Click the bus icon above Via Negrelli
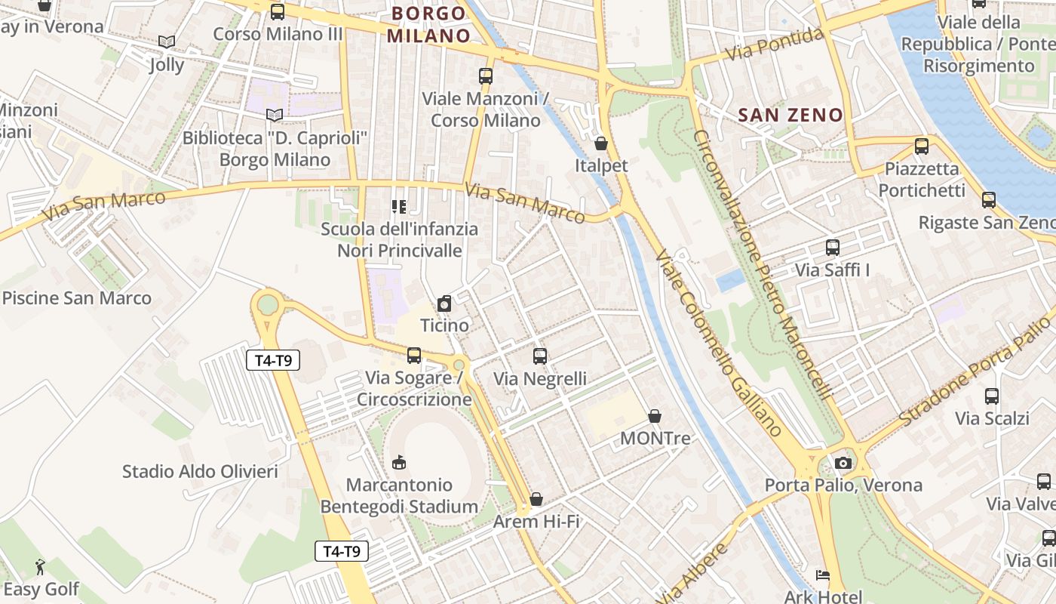click(x=540, y=356)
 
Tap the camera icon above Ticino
click(x=444, y=304)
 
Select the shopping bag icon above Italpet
click(x=601, y=143)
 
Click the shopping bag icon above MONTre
click(x=655, y=416)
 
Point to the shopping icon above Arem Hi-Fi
click(x=536, y=499)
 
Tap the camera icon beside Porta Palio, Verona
click(x=843, y=463)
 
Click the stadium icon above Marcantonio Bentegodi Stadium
click(x=399, y=462)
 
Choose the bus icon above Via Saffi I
click(x=833, y=248)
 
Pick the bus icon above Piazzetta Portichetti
click(x=921, y=146)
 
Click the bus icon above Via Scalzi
click(x=992, y=396)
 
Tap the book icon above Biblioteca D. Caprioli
click(x=275, y=115)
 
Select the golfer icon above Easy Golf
click(x=40, y=567)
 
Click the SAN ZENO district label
click(x=790, y=116)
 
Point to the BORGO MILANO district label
click(x=429, y=24)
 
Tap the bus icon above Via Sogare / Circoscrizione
click(x=413, y=356)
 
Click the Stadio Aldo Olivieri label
click(x=200, y=472)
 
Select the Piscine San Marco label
click(x=77, y=298)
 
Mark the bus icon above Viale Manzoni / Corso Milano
click(x=486, y=76)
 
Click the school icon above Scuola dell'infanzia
click(x=399, y=206)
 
